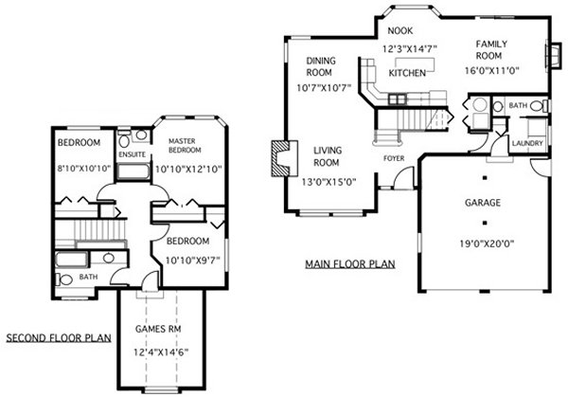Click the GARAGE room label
483,203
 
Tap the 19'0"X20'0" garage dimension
487,244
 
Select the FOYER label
394,158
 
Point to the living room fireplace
284,158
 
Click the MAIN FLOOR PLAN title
350,263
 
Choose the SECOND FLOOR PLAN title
59,338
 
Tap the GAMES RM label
158,329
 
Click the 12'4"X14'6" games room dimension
161,352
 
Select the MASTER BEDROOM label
185,145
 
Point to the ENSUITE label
133,154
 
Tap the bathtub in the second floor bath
71,260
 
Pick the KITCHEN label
407,73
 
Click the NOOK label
399,31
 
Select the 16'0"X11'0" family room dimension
491,71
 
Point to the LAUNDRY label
527,143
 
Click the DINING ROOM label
321,66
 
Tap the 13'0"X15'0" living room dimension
328,182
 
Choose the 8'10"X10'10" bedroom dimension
83,169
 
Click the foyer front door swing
403,177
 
